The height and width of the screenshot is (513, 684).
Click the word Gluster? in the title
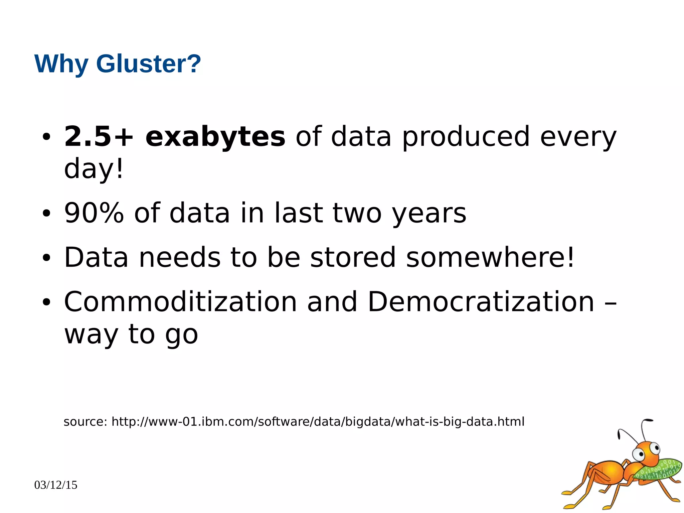pos(149,63)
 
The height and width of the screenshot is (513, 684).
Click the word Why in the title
pos(61,64)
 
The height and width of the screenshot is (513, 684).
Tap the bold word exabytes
pos(215,137)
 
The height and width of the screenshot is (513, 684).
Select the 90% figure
pos(94,213)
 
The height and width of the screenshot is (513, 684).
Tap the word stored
pos(353,257)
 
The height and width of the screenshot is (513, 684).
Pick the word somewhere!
pos(490,257)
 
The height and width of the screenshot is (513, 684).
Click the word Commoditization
pos(180,302)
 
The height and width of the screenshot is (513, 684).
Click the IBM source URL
pos(318,422)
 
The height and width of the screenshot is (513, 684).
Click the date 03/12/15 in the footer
pos(56,485)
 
